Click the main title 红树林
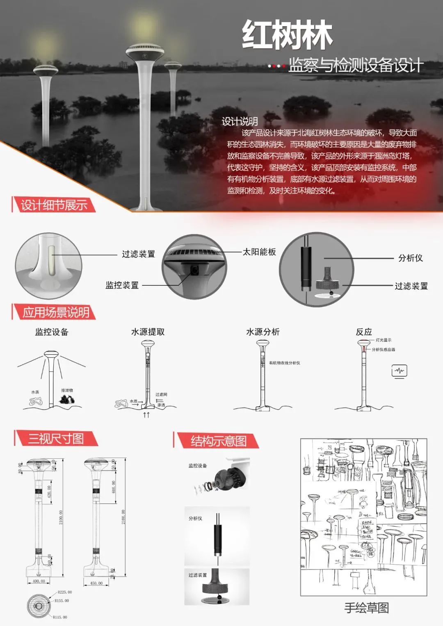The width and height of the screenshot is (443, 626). tap(287, 35)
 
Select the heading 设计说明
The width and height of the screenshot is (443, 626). tap(240, 121)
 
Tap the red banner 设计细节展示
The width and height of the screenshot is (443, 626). tap(54, 205)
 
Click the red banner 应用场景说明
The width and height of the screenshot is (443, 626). tap(55, 312)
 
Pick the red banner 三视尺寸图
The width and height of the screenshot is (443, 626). tap(56, 439)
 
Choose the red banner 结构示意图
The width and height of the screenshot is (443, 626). tap(218, 441)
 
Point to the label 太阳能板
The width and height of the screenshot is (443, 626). tap(259, 252)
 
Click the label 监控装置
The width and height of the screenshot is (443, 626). tap(122, 285)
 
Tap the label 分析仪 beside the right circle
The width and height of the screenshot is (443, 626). tap(410, 258)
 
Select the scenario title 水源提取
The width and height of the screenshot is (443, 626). tap(148, 332)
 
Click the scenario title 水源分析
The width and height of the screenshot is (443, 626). tap(263, 332)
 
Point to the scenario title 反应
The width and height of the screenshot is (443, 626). tap(364, 332)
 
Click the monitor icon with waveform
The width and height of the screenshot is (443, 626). tap(399, 371)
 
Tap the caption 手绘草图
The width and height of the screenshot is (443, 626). tap(366, 608)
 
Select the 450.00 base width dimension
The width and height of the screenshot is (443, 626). tap(96, 583)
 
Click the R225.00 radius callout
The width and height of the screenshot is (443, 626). tap(65, 592)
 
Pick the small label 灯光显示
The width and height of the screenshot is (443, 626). tap(384, 340)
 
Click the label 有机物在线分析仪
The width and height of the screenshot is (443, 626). tap(285, 363)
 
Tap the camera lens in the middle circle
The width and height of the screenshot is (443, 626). tap(194, 269)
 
